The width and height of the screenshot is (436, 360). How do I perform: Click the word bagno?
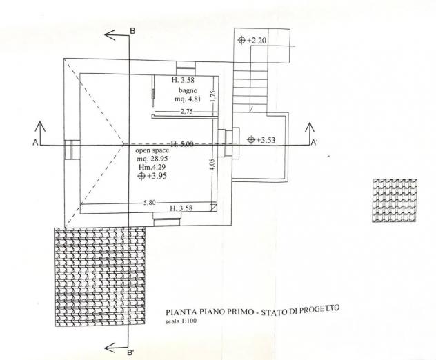[188, 90]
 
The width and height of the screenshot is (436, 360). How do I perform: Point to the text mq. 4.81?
[188, 99]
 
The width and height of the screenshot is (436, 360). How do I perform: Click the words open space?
[152, 150]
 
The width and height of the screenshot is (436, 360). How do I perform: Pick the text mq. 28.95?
[152, 159]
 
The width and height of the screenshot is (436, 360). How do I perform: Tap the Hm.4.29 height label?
[152, 167]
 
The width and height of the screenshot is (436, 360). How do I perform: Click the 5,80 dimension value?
[149, 203]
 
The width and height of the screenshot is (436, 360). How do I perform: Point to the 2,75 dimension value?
[186, 112]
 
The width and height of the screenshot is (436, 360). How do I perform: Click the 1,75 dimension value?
[213, 96]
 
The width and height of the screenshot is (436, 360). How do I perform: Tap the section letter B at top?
[132, 31]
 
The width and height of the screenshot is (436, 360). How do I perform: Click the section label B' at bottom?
[130, 353]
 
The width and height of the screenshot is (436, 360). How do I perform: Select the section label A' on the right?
[314, 143]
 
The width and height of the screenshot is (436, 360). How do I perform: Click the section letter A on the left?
[35, 143]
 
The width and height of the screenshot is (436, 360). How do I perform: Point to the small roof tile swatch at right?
[395, 201]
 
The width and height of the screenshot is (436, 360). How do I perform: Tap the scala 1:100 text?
[181, 321]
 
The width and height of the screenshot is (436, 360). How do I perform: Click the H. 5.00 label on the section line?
[181, 144]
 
